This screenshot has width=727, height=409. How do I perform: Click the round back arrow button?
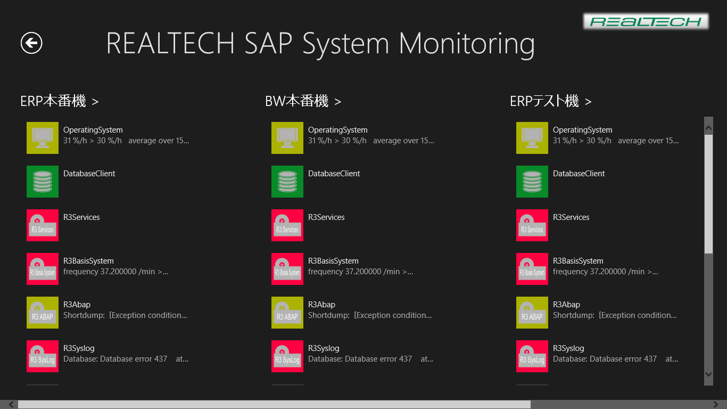31,43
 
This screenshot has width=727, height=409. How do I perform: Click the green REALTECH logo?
646,21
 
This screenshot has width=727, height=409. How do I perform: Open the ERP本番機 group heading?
60,101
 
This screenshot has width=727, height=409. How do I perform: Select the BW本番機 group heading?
303,101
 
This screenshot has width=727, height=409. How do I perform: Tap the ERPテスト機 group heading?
551,101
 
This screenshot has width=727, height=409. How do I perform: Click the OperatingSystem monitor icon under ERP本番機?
43,138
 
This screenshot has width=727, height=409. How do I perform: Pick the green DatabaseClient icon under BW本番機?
287,182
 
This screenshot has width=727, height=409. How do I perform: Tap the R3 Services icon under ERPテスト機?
532,225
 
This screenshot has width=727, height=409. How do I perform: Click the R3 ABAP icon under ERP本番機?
43,313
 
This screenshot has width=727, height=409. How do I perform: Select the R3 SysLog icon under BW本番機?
287,356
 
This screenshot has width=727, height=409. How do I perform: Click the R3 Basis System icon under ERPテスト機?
532,269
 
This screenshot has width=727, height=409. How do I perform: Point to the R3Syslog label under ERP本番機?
79,348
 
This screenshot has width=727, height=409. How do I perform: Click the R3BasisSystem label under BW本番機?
333,261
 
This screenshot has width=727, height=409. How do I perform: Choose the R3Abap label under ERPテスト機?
566,305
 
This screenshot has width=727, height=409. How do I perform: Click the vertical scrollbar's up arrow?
708,128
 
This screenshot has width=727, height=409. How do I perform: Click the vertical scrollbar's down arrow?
708,374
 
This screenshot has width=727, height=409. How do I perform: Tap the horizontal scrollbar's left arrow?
11,404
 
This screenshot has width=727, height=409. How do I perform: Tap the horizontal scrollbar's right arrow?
716,404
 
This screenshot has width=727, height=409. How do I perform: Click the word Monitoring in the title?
467,44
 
